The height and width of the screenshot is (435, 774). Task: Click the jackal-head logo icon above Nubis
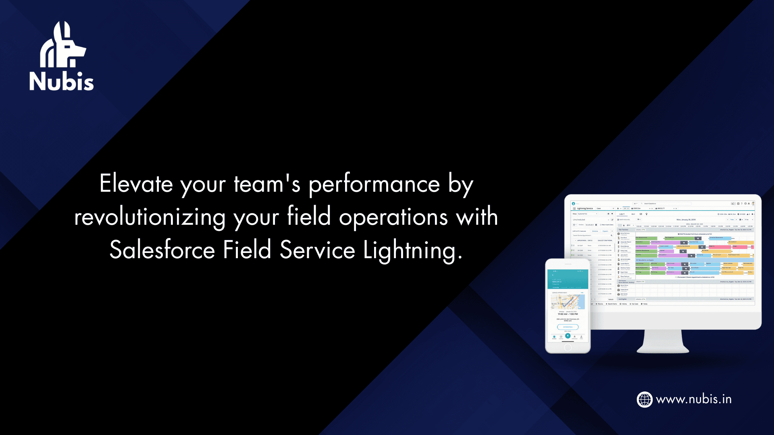point(62,45)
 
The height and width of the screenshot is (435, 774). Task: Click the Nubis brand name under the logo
point(61,81)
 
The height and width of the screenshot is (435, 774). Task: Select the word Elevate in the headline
point(136,184)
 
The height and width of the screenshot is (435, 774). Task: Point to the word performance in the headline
point(374,185)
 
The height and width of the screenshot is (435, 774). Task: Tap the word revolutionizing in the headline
point(150,217)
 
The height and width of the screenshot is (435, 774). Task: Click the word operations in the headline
point(393,217)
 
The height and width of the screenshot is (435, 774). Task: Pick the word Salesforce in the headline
point(162,250)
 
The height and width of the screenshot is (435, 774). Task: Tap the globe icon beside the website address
point(644,400)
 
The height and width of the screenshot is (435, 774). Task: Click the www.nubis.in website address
point(693,400)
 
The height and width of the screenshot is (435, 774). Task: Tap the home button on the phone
point(568,348)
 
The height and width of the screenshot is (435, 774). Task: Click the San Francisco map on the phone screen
point(568,302)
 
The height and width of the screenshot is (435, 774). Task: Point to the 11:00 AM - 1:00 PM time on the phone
point(568,314)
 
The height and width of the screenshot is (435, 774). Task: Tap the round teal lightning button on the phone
point(568,336)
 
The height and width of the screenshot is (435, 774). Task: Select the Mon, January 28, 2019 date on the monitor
point(686,220)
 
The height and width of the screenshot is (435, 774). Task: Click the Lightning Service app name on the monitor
point(585,209)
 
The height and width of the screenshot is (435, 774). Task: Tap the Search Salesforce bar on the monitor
point(665,204)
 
